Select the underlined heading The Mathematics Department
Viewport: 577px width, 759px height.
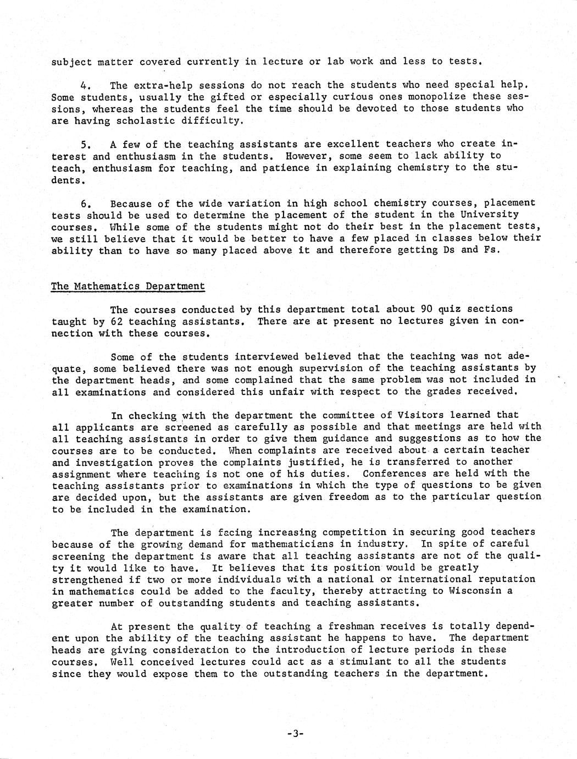[128, 286]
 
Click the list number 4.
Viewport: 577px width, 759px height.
[85, 85]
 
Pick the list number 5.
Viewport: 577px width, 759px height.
[85, 145]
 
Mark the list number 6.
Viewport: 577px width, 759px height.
[85, 204]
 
